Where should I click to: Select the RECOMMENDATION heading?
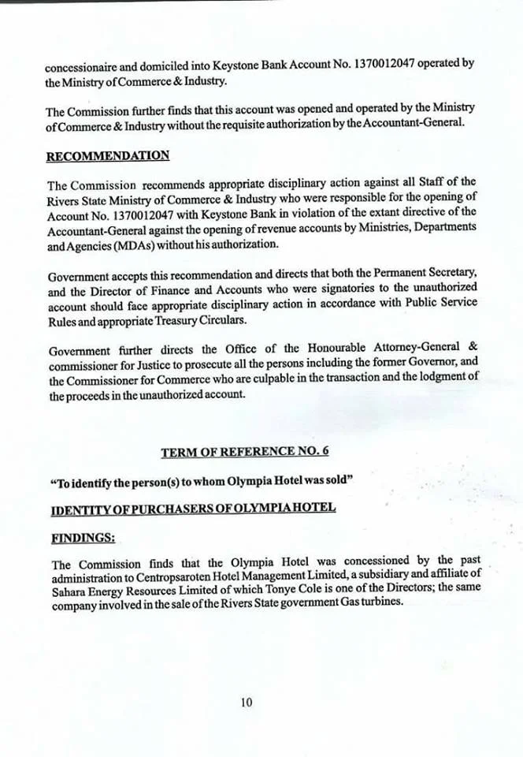click(108, 155)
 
